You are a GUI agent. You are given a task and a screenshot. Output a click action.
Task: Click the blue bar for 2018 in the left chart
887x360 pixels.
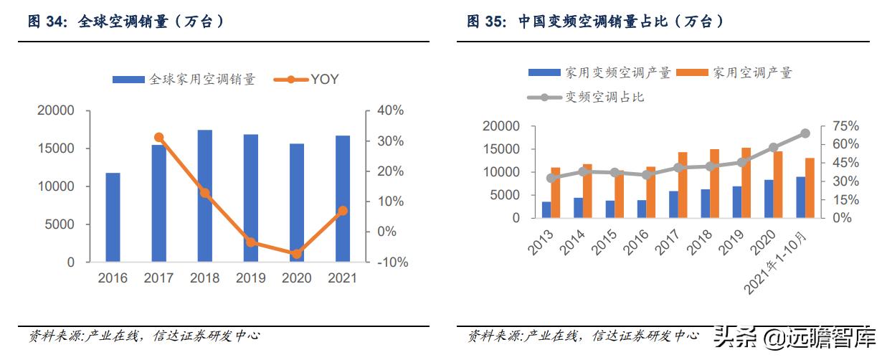[x=205, y=196]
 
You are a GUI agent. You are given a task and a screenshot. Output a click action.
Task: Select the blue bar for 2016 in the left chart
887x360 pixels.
[x=113, y=217]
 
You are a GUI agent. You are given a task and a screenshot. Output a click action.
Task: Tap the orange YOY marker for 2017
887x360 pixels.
[x=159, y=138]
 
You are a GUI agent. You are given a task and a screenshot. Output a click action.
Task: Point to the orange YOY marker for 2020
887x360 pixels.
[x=296, y=254]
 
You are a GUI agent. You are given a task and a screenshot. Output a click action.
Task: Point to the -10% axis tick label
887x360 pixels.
[x=392, y=262]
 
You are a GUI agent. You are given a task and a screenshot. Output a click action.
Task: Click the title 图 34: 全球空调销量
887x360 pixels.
[x=127, y=22]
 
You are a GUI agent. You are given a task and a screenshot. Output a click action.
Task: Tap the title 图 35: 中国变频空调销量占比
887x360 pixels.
[x=595, y=22]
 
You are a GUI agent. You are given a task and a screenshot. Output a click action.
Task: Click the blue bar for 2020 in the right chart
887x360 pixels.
[x=769, y=199]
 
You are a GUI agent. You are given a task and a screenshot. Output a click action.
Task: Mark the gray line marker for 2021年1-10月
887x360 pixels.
[x=805, y=133]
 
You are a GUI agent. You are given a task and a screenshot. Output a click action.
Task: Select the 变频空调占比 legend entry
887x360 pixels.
[x=586, y=97]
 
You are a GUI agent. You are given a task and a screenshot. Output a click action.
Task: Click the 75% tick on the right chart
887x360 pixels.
[x=845, y=126]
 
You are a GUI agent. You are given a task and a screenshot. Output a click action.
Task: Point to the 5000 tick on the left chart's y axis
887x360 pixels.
[x=60, y=224]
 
